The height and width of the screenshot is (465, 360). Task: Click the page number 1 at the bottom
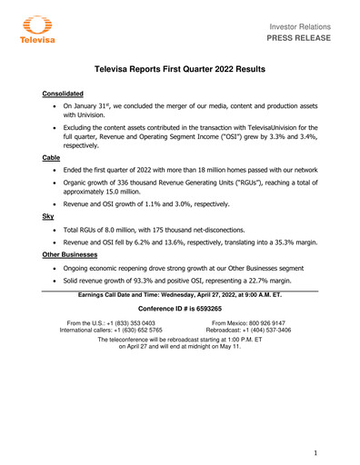coord(314,451)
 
